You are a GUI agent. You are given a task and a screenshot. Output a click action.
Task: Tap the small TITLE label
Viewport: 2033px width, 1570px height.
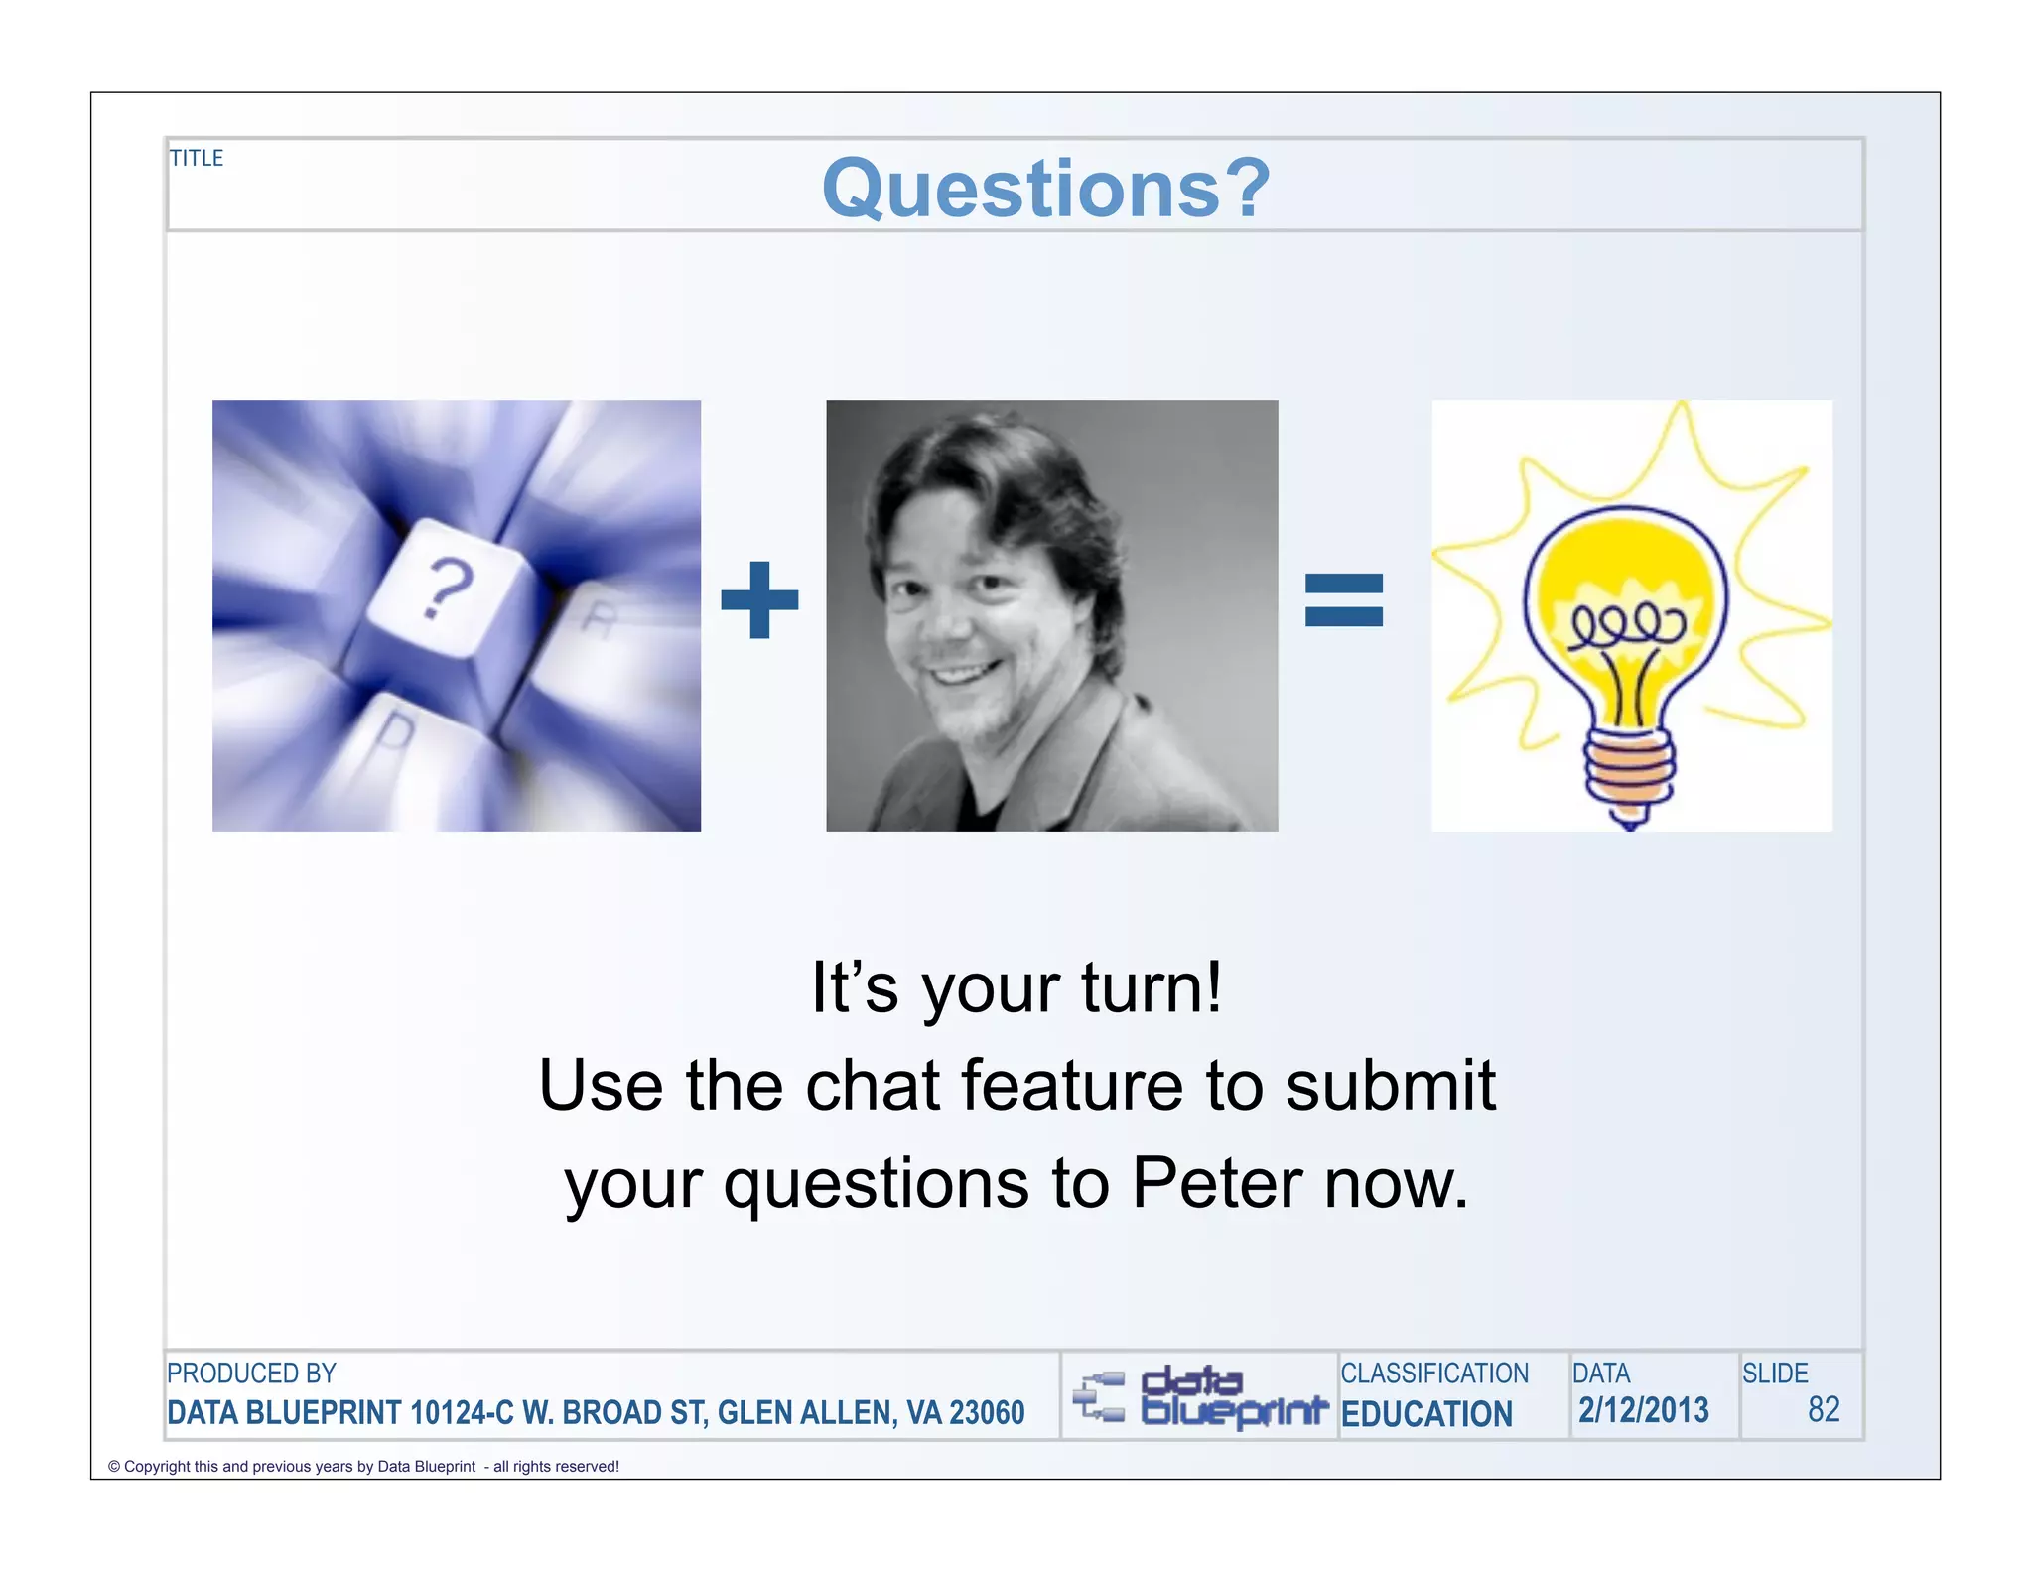[x=197, y=158]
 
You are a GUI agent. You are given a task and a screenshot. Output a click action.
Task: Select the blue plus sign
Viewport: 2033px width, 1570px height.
[x=759, y=599]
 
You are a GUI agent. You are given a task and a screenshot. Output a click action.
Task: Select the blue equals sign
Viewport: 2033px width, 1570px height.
[x=1343, y=599]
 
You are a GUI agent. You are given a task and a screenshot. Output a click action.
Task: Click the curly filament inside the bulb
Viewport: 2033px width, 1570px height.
[x=1625, y=625]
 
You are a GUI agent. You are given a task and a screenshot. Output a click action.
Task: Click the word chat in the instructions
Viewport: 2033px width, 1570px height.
[x=872, y=1085]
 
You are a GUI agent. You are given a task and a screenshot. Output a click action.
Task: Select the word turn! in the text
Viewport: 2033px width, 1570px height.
[x=1152, y=987]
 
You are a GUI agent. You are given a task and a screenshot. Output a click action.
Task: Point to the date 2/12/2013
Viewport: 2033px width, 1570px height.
[x=1644, y=1410]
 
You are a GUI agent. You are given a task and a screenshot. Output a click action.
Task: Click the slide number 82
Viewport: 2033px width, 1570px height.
[x=1824, y=1410]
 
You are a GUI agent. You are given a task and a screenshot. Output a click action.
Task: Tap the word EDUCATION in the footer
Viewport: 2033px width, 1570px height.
[x=1426, y=1413]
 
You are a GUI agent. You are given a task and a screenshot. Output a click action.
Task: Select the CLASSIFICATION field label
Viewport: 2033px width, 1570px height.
[x=1434, y=1374]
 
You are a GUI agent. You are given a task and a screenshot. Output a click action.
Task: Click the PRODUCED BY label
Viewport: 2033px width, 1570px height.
[x=251, y=1374]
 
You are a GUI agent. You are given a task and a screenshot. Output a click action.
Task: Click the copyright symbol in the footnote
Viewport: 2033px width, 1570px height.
[x=114, y=1467]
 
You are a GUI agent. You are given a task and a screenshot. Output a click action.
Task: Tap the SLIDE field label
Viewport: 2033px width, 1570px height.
[x=1775, y=1374]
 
